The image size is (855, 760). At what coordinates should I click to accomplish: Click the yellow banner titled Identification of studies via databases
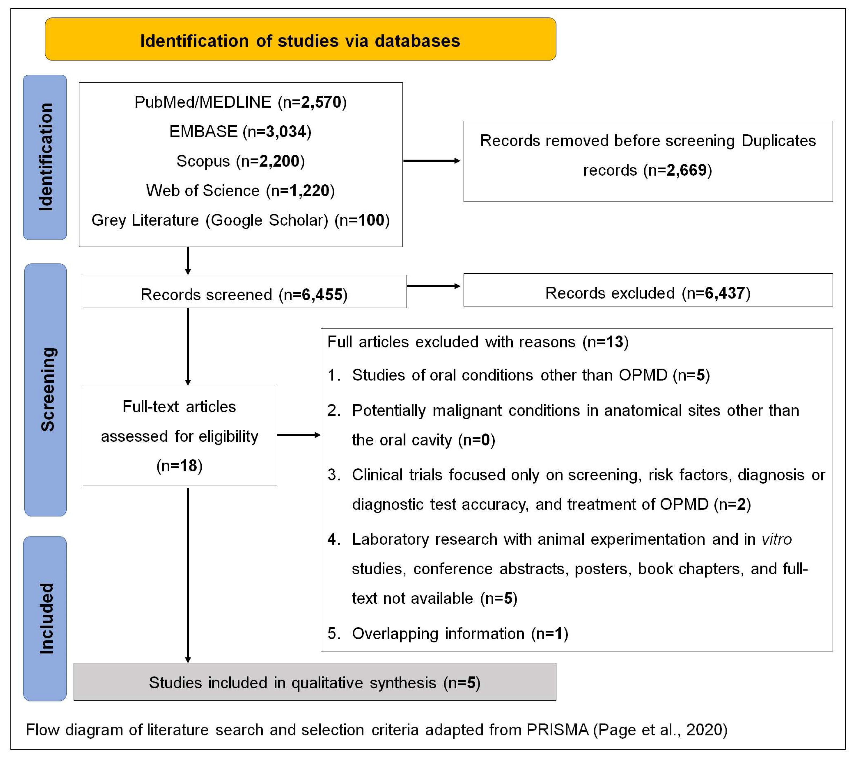[x=300, y=39]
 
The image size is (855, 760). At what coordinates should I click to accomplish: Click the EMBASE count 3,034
[x=286, y=132]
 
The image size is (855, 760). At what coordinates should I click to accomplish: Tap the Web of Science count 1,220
[x=309, y=191]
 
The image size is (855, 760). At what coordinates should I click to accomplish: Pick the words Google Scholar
[x=269, y=220]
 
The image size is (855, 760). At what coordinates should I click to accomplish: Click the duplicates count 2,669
[x=686, y=170]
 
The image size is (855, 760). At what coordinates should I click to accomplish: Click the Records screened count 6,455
[x=322, y=295]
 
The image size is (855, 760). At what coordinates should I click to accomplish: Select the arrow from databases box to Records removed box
[x=432, y=161]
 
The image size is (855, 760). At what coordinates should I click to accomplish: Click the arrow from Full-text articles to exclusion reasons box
[x=299, y=435]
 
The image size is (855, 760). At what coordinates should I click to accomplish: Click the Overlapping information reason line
[x=448, y=634]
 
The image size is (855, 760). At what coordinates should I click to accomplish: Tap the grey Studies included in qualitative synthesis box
[x=315, y=683]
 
